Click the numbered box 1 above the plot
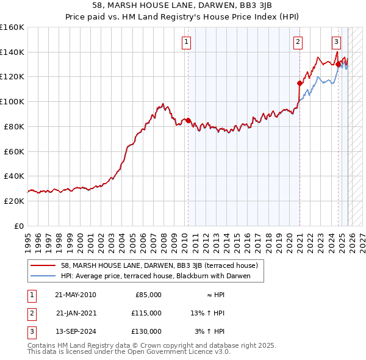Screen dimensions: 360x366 click(x=185, y=42)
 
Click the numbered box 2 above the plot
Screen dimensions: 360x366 click(x=298, y=42)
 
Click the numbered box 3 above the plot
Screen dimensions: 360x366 click(x=336, y=42)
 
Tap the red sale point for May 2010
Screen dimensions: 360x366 click(x=188, y=120)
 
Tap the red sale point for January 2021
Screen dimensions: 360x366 click(x=300, y=83)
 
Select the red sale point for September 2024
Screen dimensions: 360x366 click(x=338, y=64)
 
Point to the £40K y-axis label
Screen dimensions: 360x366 click(x=14, y=176)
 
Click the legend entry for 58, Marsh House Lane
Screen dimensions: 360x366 click(x=160, y=265)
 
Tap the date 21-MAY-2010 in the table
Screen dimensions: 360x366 click(x=75, y=295)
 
